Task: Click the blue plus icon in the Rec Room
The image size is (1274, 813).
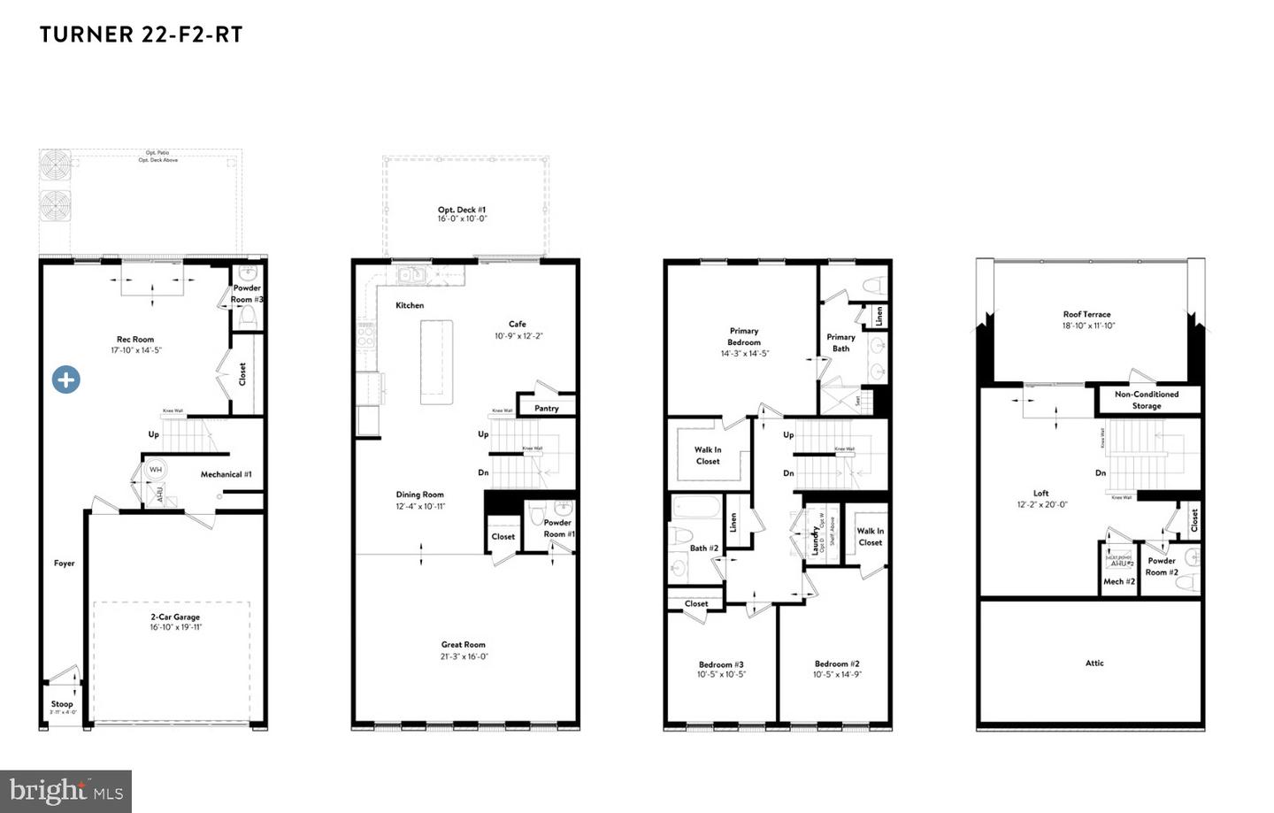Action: point(66,380)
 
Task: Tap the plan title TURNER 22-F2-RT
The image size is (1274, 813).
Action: point(141,35)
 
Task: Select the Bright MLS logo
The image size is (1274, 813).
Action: point(65,791)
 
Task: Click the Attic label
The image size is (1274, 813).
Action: point(1094,663)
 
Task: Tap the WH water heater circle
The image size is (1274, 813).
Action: point(156,469)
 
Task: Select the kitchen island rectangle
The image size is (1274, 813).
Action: point(436,362)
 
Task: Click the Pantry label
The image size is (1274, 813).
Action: point(547,408)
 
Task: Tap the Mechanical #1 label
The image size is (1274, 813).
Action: point(226,474)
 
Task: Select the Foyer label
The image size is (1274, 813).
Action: point(65,563)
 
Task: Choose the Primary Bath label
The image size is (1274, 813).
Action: point(840,342)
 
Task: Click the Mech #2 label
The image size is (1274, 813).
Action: point(1119,581)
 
